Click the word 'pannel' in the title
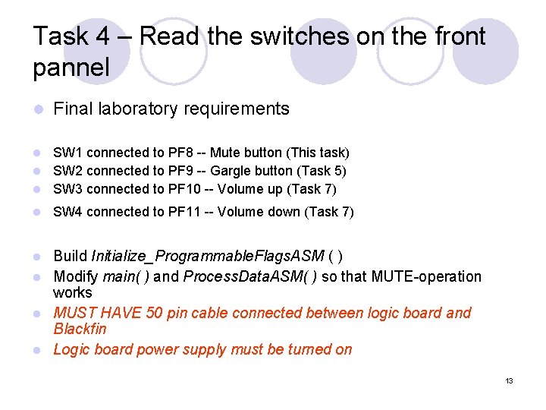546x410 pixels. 71,67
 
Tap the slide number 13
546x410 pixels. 510,380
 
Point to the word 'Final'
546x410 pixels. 72,109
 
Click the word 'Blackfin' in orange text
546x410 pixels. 80,329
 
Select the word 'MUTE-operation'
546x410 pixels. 426,276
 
